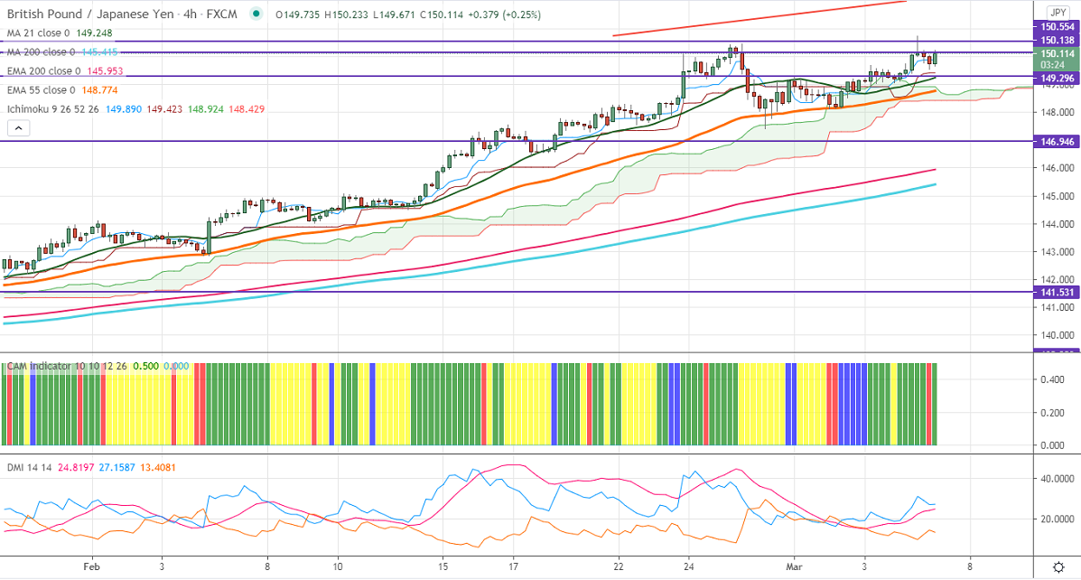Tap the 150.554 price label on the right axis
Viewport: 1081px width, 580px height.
(x=1055, y=28)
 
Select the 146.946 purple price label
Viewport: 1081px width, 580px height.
(x=1055, y=142)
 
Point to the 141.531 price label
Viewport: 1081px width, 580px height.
(x=1055, y=292)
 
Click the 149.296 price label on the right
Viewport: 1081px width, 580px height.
(x=1055, y=77)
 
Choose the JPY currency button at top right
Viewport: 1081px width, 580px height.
(x=1058, y=12)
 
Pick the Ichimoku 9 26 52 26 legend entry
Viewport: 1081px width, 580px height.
(x=60, y=108)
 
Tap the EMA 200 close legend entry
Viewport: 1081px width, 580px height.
(x=45, y=70)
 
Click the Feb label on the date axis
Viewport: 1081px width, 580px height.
(x=90, y=566)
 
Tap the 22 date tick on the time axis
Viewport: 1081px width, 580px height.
(x=619, y=566)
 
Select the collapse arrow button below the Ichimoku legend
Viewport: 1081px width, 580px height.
(x=16, y=129)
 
